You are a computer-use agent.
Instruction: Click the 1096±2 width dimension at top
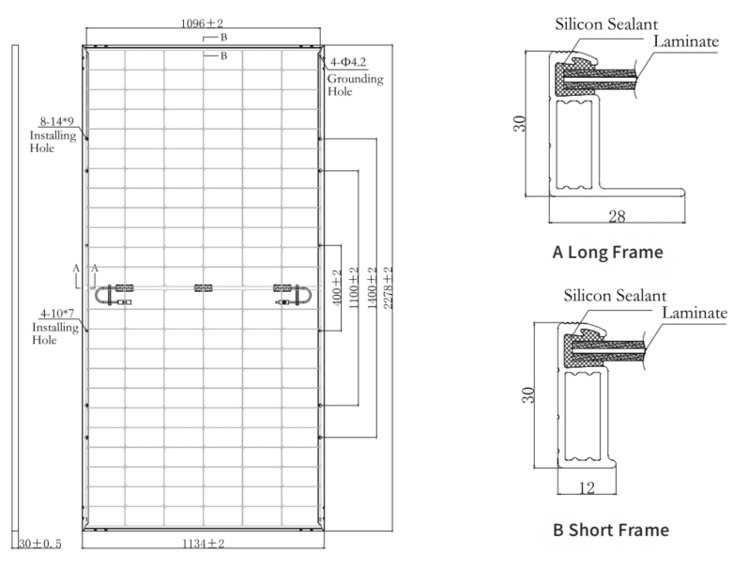[203, 21]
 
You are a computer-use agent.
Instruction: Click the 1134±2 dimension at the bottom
[203, 543]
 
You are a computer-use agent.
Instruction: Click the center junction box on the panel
[203, 287]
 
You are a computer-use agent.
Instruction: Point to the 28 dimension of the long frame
[617, 217]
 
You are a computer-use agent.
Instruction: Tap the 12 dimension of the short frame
[586, 486]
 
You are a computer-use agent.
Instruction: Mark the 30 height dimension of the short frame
[528, 394]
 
